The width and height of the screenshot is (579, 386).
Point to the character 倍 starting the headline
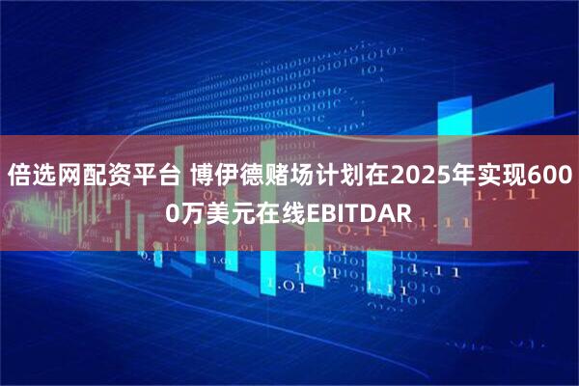click(x=19, y=177)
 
